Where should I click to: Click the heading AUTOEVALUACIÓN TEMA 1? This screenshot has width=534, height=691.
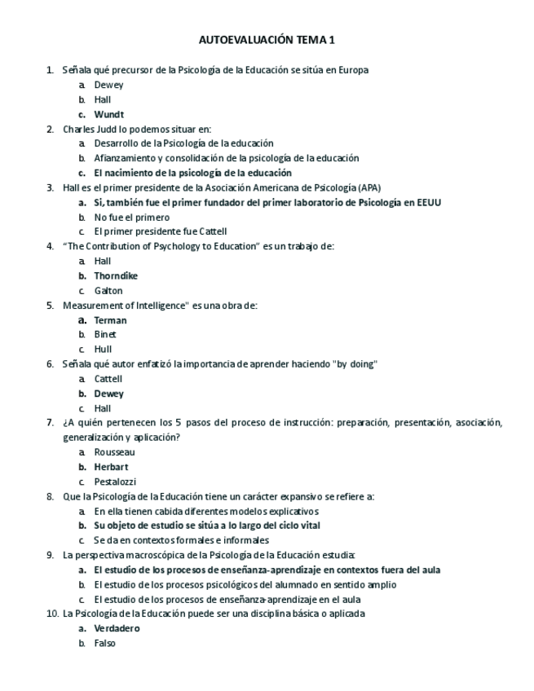pos(267,39)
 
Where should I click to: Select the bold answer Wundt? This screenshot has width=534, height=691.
pos(108,114)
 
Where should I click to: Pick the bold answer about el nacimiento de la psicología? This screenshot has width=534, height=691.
pos(192,173)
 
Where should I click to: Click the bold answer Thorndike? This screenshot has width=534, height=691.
pos(116,275)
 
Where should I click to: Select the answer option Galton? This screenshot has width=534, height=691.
pos(108,290)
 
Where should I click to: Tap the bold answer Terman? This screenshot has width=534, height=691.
pos(110,319)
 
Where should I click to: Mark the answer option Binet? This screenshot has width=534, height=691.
pos(105,334)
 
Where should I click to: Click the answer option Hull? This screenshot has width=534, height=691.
pos(103,349)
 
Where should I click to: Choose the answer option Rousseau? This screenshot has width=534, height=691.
pos(114,451)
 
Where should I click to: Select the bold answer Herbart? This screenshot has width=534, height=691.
pos(111,466)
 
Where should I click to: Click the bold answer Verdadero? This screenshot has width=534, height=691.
pos(117,627)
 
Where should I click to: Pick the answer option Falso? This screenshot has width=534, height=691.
pos(105,642)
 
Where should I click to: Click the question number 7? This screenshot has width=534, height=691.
pos(51,422)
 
